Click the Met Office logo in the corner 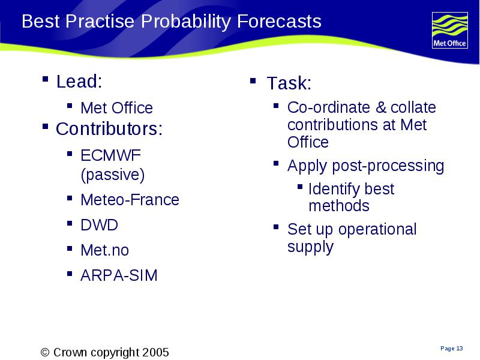pos(449,30)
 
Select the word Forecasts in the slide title pos(279,21)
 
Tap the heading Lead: pos(79,81)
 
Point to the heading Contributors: pos(109,128)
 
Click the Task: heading pos(289,83)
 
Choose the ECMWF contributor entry pos(110,155)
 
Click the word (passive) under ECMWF pos(113,175)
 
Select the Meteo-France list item pos(130,200)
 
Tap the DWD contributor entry pos(99,225)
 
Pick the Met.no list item pos(104,250)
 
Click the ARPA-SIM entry pos(119,275)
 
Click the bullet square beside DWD pos(70,223)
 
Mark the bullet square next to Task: pos(253,81)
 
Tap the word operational pos(377,229)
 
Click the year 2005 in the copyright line pos(155,352)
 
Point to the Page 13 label pos(452,349)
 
